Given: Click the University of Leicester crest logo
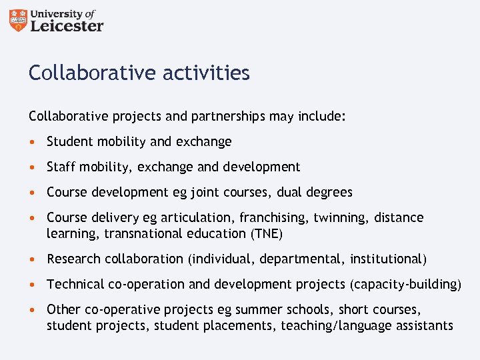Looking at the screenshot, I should point(19,21).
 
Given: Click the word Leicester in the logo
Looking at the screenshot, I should point(67,26).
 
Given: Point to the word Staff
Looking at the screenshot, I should point(60,167).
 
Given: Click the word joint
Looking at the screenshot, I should point(206,192).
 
